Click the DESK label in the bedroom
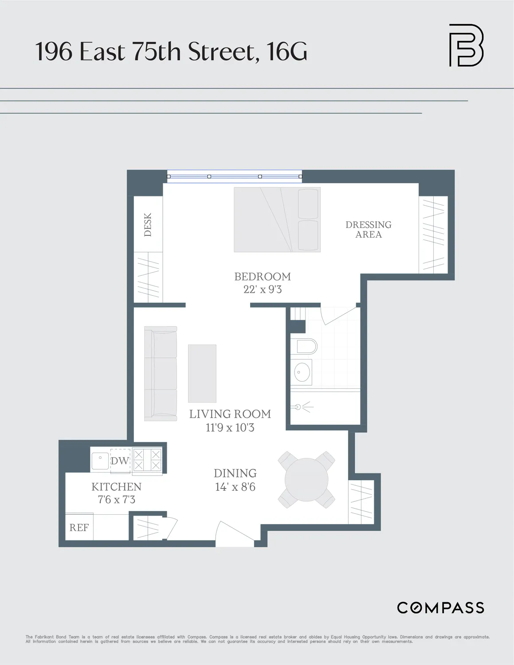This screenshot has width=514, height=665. (x=148, y=224)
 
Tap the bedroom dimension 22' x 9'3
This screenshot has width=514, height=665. (x=263, y=289)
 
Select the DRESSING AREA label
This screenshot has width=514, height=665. (x=369, y=230)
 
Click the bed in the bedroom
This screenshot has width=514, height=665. (x=277, y=220)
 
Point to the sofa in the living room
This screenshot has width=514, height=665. (x=161, y=374)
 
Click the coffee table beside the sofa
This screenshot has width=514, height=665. (x=202, y=373)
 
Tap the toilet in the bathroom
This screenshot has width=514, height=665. (x=306, y=347)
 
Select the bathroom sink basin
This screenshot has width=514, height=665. (x=302, y=372)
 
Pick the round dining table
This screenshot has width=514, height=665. (x=306, y=480)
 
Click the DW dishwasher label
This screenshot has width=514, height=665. (x=120, y=461)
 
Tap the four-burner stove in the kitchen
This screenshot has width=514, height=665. (x=147, y=460)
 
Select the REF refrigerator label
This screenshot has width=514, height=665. (x=79, y=528)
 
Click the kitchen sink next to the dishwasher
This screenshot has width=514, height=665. (x=100, y=461)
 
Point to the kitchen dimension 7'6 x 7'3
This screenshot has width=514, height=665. (x=117, y=500)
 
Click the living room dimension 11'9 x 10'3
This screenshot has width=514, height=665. (x=230, y=428)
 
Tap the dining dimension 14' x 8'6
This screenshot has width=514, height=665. (x=235, y=487)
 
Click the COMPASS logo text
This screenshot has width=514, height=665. (x=440, y=608)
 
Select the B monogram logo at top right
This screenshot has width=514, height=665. (x=466, y=45)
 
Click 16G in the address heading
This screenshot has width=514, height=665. (x=287, y=51)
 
